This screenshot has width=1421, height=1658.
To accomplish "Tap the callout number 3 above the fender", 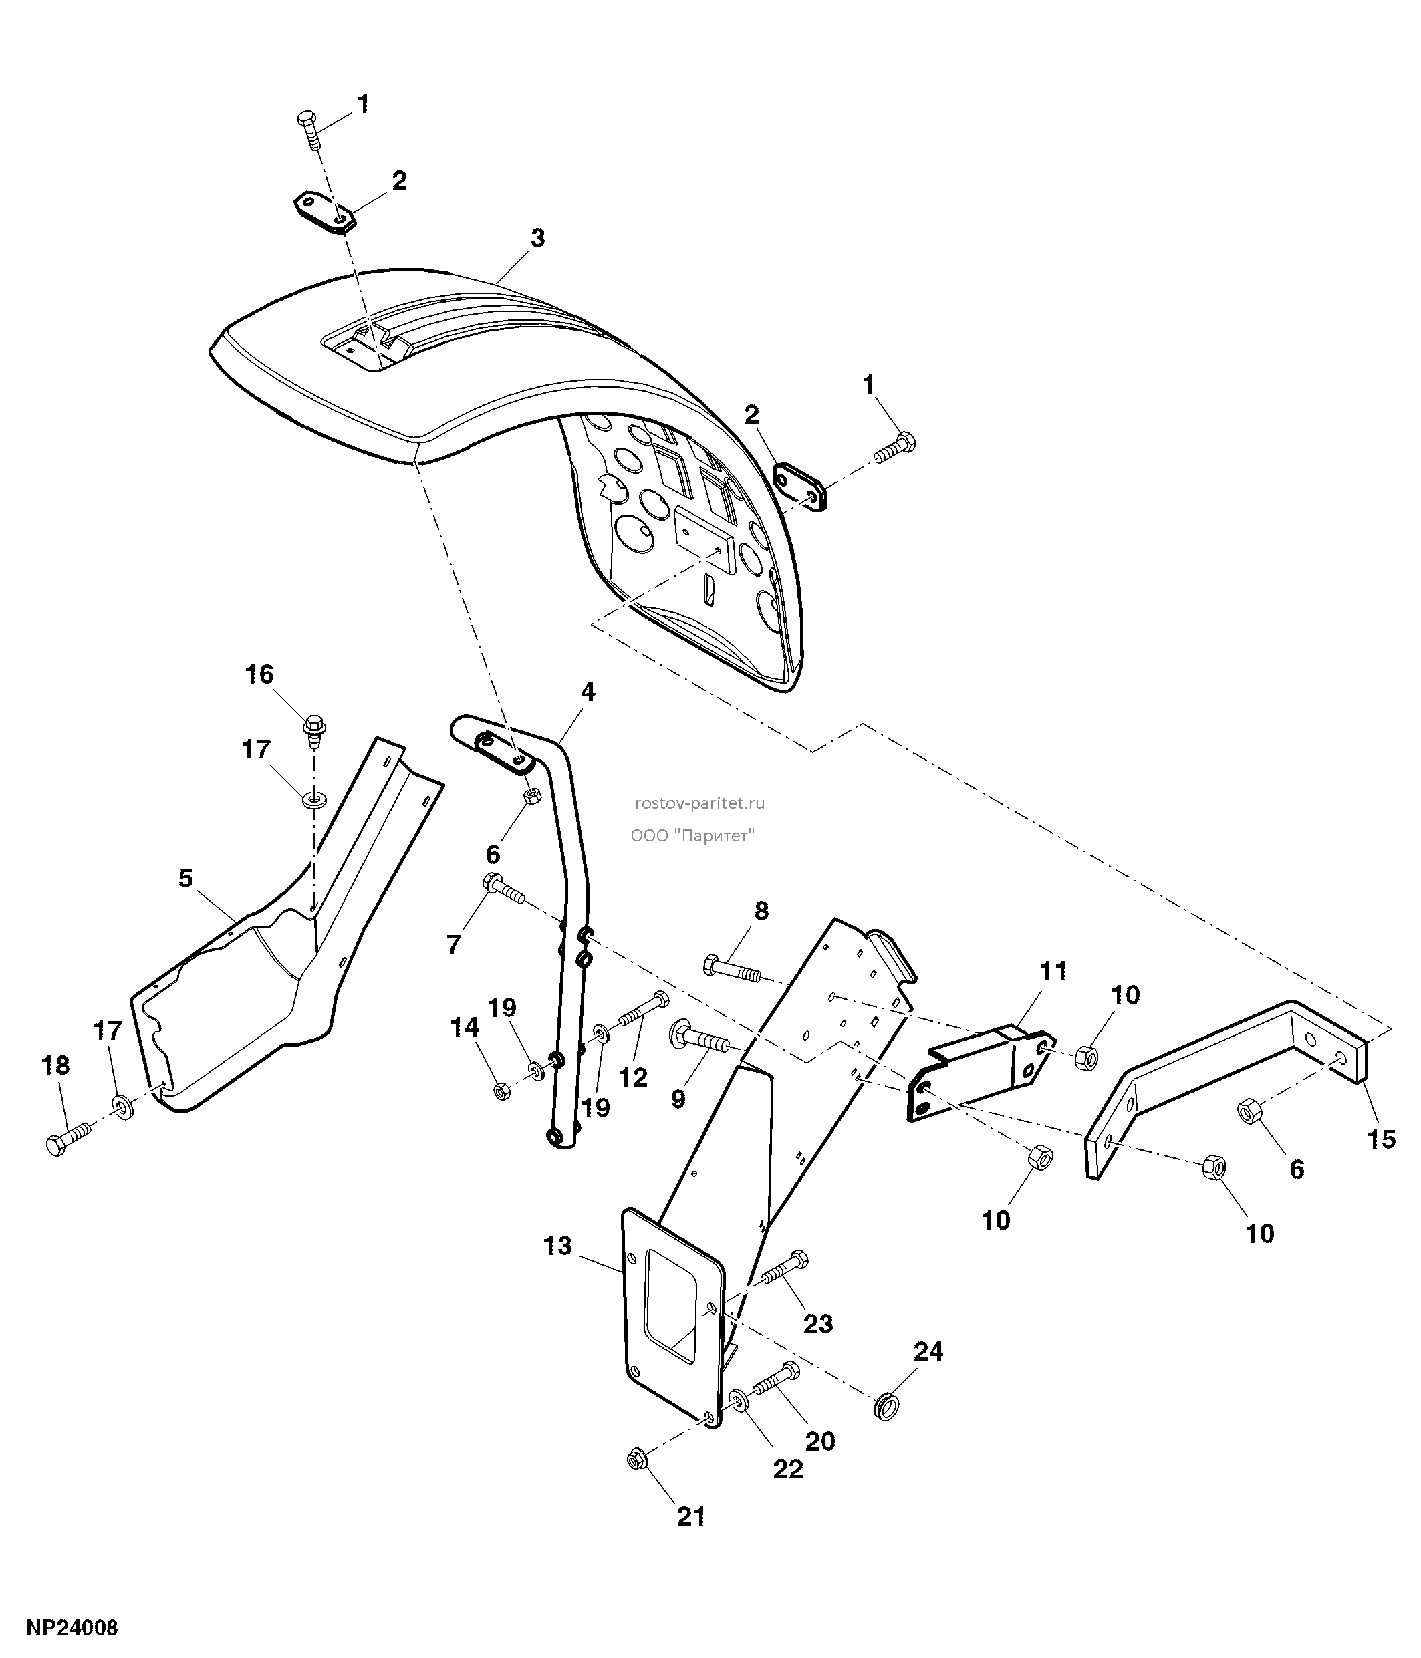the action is pos(537,238).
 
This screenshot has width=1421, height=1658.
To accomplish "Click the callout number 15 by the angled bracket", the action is pos(1382,1139).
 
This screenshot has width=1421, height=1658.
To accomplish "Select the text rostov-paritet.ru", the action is pos(699,803).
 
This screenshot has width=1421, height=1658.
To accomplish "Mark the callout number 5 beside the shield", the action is pos(186,878).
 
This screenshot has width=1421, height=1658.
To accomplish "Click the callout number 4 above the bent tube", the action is pos(588,692).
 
